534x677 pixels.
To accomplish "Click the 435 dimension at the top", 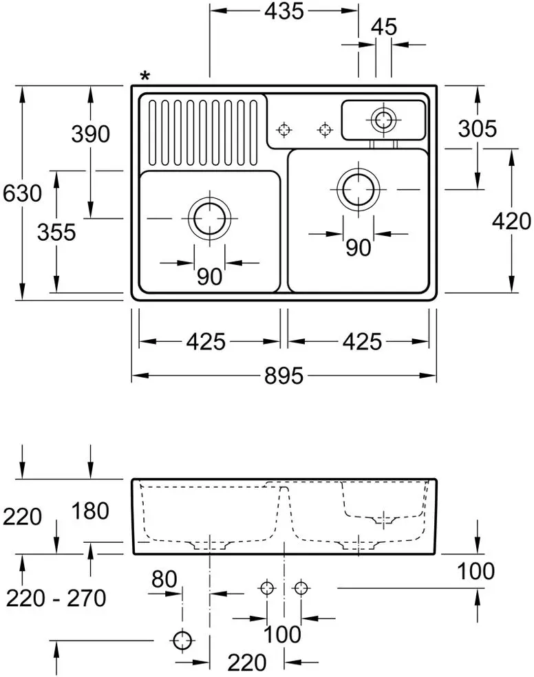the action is (284, 11).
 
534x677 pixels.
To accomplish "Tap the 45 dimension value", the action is (384, 27).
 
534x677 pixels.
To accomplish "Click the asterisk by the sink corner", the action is (145, 77).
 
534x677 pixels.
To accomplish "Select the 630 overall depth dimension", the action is (22, 193).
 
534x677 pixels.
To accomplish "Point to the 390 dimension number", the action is (91, 134).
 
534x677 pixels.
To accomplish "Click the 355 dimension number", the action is (56, 233).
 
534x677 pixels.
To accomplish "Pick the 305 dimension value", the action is (478, 129).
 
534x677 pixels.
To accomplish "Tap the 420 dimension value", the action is (511, 221).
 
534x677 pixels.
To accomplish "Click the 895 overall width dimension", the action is (284, 376).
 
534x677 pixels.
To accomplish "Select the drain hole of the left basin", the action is (210, 219).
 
